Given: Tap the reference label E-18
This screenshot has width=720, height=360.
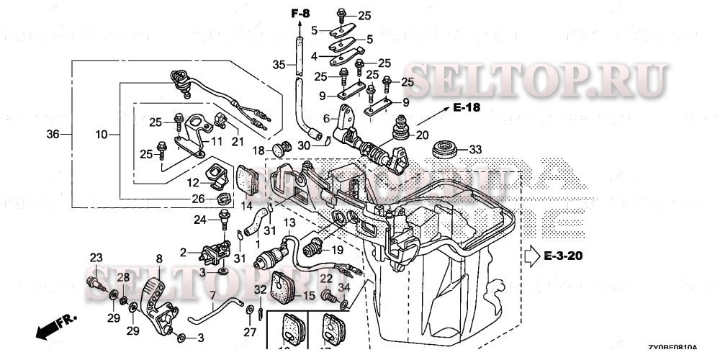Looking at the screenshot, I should tap(467, 108).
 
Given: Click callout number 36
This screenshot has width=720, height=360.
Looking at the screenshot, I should tap(53, 135).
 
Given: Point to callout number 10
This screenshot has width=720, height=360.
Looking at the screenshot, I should tap(101, 135).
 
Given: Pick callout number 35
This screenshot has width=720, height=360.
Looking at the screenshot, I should tap(279, 66).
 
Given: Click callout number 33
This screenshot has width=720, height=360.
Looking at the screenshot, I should tap(474, 150).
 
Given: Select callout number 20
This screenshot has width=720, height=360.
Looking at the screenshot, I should tap(422, 135).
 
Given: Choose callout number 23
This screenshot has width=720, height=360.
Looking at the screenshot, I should tap(96, 257).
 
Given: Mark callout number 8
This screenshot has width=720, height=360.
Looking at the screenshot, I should tap(159, 257).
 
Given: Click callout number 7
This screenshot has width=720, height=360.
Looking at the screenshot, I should tap(212, 295).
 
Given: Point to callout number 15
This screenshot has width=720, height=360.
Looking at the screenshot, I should tap(309, 295).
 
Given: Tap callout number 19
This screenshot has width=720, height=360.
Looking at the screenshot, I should tap(336, 251).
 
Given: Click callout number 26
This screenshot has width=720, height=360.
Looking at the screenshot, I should tap(198, 199).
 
